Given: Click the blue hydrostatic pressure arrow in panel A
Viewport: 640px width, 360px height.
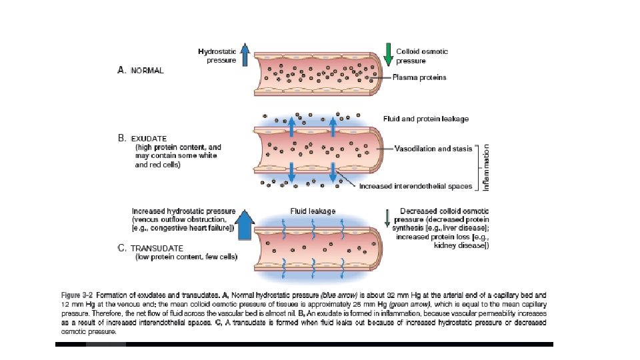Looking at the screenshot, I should pyautogui.click(x=245, y=55).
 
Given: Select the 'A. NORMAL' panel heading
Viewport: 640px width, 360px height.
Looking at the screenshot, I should pyautogui.click(x=141, y=70).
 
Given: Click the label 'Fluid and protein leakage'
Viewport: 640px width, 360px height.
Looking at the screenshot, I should pyautogui.click(x=425, y=119).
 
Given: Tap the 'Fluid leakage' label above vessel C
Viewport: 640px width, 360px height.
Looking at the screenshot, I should pyautogui.click(x=313, y=211).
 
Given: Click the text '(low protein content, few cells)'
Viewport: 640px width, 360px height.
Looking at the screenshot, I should pyautogui.click(x=187, y=256).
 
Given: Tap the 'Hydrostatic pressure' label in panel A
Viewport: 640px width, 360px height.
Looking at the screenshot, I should pyautogui.click(x=217, y=55).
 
